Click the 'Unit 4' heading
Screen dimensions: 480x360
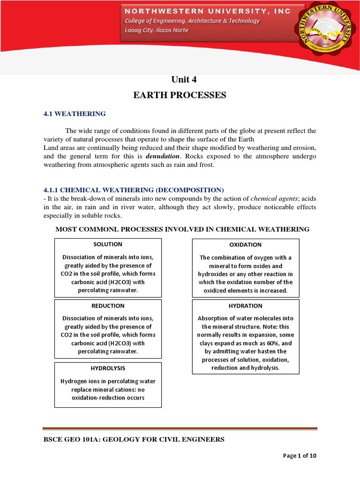tap(180, 79)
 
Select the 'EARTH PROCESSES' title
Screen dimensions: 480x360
tap(180, 96)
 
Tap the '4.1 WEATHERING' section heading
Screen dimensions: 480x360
tap(75, 114)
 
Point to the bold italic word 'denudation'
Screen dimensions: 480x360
tap(162, 156)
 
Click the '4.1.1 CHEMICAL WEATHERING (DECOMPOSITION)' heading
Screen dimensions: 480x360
tap(127, 190)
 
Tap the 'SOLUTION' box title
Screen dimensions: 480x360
tap(108, 244)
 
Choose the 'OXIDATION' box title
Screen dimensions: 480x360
tap(245, 245)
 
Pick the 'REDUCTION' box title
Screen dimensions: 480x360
tap(108, 306)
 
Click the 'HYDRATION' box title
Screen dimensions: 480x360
tap(245, 306)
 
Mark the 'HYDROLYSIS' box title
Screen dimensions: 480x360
tap(108, 368)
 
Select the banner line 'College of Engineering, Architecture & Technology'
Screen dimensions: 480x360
tap(191, 21)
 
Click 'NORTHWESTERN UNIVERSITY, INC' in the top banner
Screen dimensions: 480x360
tap(207, 11)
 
